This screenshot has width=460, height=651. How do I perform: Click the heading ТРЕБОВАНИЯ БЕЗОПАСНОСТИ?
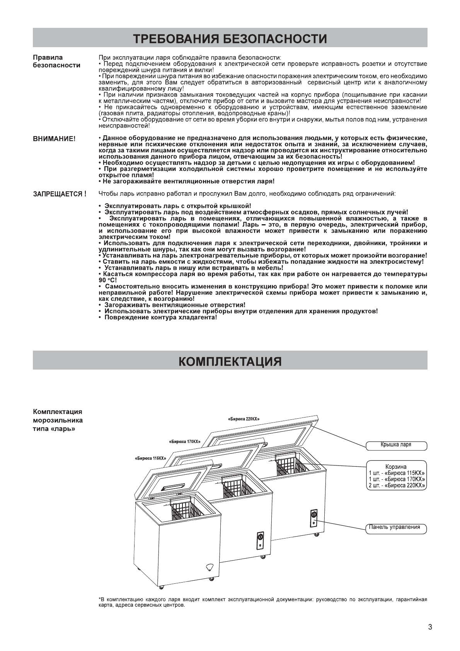(x=230, y=39)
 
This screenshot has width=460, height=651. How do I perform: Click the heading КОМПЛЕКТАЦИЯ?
(x=230, y=361)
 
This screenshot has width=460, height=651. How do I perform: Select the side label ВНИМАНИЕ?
(x=54, y=138)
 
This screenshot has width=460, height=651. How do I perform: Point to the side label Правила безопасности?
(x=57, y=61)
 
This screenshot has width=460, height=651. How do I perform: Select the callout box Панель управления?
(x=394, y=527)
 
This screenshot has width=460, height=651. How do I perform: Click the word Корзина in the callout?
(x=396, y=467)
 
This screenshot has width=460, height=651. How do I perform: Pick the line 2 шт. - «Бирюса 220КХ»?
(x=397, y=486)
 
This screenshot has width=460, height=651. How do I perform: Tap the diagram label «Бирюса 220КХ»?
(x=244, y=419)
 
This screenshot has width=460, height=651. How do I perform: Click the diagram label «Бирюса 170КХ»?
(x=184, y=441)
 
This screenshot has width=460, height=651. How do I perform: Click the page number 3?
(x=430, y=627)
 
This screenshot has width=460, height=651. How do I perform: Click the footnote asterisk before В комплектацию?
(x=100, y=599)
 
